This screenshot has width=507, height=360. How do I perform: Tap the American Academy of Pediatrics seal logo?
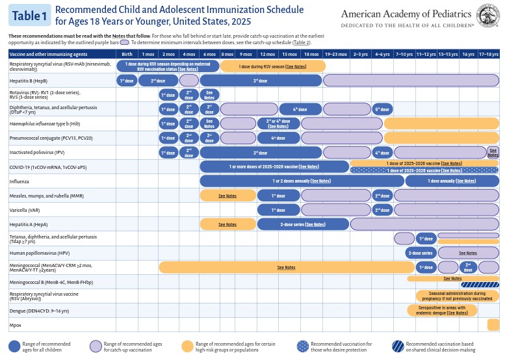(x=489, y=14)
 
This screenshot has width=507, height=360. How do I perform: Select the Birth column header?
(x=127, y=53)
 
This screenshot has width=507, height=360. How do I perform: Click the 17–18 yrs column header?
(x=488, y=53)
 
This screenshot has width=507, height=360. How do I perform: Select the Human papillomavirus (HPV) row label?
(x=34, y=253)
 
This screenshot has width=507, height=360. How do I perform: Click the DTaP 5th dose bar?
(x=382, y=109)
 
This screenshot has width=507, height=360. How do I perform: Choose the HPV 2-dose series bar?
(x=420, y=253)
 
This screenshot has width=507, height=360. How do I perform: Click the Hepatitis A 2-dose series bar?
(x=303, y=224)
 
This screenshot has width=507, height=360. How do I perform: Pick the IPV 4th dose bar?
(x=382, y=153)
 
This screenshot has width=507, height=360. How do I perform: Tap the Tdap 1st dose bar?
(x=426, y=238)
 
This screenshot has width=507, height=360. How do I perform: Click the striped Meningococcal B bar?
(x=480, y=284)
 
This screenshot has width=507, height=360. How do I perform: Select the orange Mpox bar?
(x=492, y=324)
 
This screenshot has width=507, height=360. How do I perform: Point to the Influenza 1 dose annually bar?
(x=448, y=181)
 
